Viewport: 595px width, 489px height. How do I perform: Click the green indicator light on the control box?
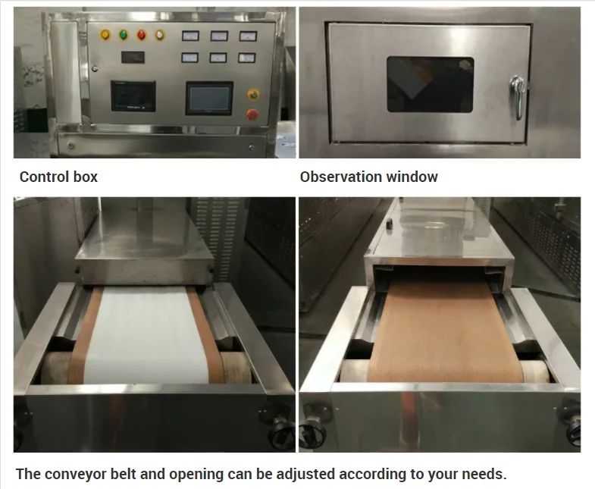pos(123,35)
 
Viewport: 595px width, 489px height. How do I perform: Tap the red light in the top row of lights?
pos(141,35)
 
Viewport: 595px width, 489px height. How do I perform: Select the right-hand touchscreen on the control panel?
pos(208,99)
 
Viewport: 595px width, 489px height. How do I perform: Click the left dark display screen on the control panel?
pos(133,96)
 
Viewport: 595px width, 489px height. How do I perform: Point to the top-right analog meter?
pos(247,36)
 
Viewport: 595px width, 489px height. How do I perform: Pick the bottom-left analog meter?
pos(189,58)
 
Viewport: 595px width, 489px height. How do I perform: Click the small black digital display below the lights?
pos(132,58)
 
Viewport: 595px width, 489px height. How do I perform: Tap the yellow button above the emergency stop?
pos(252,94)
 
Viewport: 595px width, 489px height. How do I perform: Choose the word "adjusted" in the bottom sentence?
pos(303,475)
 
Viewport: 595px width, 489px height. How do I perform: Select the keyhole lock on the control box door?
pos(94,67)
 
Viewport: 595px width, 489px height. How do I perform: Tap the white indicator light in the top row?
pos(159,35)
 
